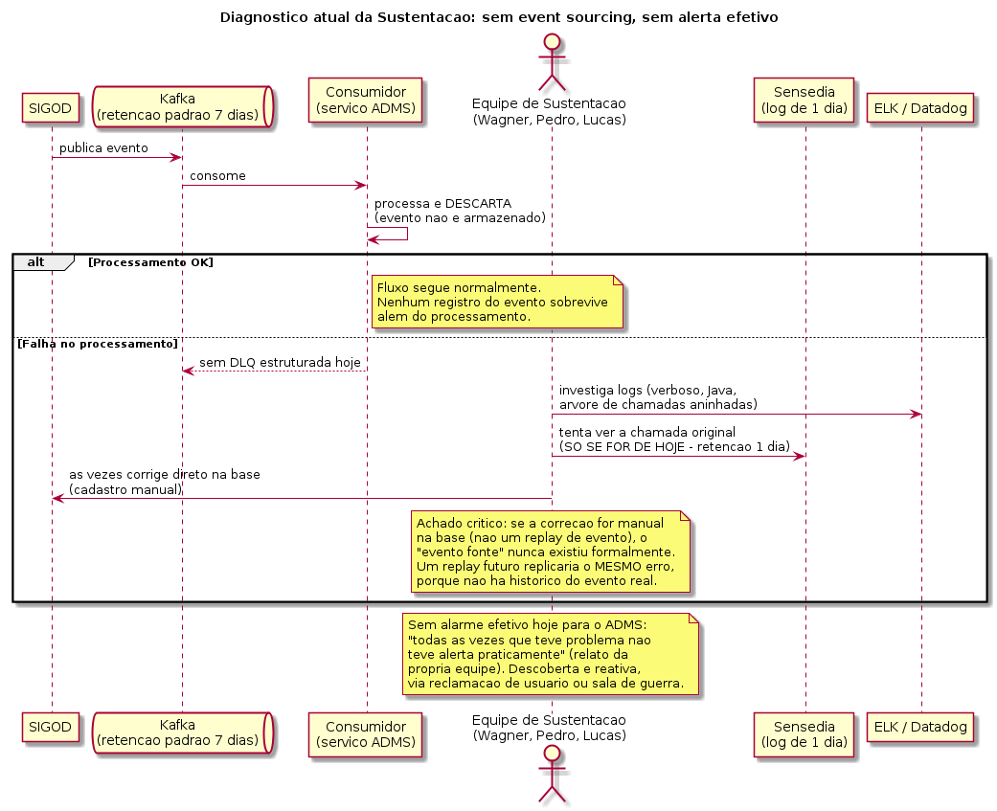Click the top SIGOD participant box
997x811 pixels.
click(50, 108)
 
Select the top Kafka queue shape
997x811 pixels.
click(183, 107)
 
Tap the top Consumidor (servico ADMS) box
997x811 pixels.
click(366, 101)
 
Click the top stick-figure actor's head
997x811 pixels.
click(552, 42)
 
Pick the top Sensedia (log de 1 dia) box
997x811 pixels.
click(804, 101)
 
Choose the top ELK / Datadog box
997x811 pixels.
click(920, 108)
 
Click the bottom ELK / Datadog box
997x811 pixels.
click(920, 727)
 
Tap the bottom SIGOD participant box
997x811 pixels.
click(50, 727)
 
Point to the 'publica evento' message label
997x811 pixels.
click(103, 148)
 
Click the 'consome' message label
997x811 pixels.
click(217, 176)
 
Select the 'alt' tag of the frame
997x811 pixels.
click(36, 261)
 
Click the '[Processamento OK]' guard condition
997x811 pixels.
click(150, 262)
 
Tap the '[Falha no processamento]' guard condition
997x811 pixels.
click(98, 344)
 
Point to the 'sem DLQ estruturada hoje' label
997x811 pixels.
click(280, 363)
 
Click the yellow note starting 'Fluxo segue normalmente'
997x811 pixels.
click(497, 302)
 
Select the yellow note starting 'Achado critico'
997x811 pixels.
click(551, 552)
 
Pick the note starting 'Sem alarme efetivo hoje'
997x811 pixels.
click(551, 654)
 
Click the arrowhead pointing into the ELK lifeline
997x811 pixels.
click(917, 415)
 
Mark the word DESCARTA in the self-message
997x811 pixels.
click(478, 204)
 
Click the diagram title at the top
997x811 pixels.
click(499, 17)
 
